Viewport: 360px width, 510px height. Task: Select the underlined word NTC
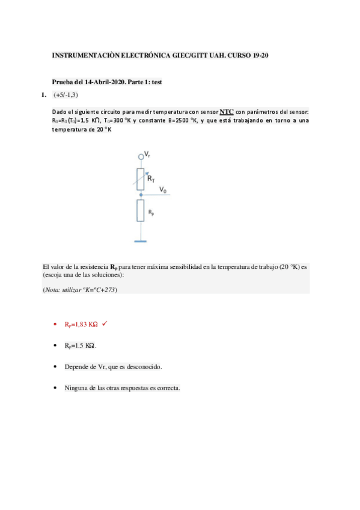pyautogui.click(x=227, y=112)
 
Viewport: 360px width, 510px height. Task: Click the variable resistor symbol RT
pyautogui.click(x=141, y=179)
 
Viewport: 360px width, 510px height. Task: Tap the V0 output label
pyautogui.click(x=163, y=190)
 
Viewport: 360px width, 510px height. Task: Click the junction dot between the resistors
pyautogui.click(x=141, y=195)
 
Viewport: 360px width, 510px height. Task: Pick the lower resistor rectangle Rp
pyautogui.click(x=141, y=210)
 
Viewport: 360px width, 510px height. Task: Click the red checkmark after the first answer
pyautogui.click(x=105, y=324)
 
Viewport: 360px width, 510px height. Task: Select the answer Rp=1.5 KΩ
pyautogui.click(x=81, y=346)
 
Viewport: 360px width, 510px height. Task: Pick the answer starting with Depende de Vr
pyautogui.click(x=113, y=366)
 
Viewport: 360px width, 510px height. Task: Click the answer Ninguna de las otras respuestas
pyautogui.click(x=122, y=387)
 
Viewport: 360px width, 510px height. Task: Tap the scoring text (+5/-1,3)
pyautogui.click(x=66, y=95)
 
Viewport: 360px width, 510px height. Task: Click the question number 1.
pyautogui.click(x=43, y=95)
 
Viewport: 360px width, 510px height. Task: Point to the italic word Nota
pyautogui.click(x=53, y=289)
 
